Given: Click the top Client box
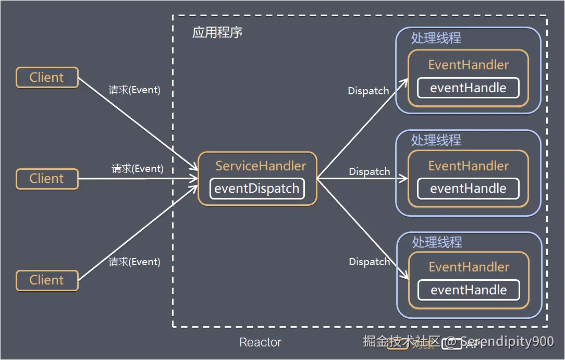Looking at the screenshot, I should click(x=47, y=78).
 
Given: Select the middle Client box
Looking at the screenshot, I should click(x=47, y=179).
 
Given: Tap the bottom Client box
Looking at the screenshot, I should click(x=47, y=280).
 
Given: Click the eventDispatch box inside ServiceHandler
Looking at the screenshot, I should click(x=257, y=189).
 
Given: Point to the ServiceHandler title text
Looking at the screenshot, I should click(x=261, y=166).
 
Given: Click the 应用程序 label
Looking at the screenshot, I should click(x=217, y=32).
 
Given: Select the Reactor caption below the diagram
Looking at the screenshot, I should click(x=260, y=342).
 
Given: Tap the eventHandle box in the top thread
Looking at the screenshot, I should click(x=468, y=88).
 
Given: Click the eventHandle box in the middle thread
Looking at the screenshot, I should click(x=468, y=189).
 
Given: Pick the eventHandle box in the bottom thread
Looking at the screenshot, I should click(x=469, y=290).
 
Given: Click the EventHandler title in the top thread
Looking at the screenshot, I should click(x=468, y=65).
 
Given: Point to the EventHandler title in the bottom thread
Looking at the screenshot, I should click(x=469, y=267).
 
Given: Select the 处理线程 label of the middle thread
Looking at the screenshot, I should click(x=436, y=140).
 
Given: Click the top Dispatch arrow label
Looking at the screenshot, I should click(x=369, y=91).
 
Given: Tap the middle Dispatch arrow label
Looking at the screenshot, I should click(x=370, y=171).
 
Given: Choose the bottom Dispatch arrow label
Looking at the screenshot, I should click(x=370, y=262).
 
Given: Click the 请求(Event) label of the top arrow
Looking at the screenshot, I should click(x=134, y=90).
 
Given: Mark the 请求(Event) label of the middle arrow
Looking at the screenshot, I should click(x=138, y=169).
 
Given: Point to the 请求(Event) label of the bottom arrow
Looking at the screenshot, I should click(x=134, y=262).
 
